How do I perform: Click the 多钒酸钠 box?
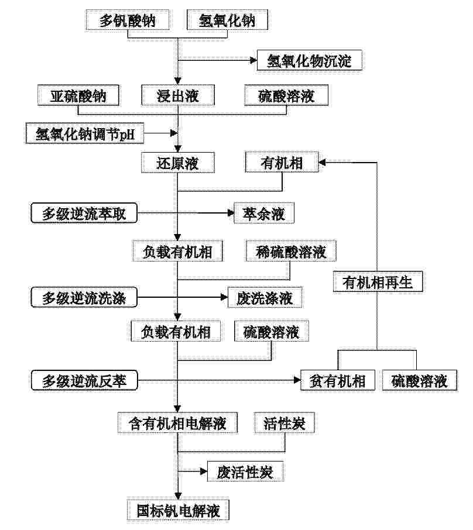coord(127,20)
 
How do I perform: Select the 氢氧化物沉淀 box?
coord(310,60)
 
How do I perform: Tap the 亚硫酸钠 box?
coord(78,95)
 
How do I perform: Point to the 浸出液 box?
coord(177,95)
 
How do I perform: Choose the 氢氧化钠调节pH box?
coord(85,133)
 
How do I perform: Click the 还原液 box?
coord(177,163)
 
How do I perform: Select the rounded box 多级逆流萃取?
coord(84,213)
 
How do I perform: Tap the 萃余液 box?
coord(264,213)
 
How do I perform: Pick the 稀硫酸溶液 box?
coord(291,251)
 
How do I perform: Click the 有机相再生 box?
coord(378,281)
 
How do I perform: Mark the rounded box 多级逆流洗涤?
coord(84,297)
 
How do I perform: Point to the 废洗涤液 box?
coord(265,297)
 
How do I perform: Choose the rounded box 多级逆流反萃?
coord(84,380)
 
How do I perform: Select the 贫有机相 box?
coord(338,380)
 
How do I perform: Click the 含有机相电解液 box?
coord(177,422)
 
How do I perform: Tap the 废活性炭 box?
coord(245,471)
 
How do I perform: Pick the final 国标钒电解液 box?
coord(178,510)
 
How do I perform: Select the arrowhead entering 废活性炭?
coord(204,471)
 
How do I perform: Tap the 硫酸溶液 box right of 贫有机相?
coord(420,380)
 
